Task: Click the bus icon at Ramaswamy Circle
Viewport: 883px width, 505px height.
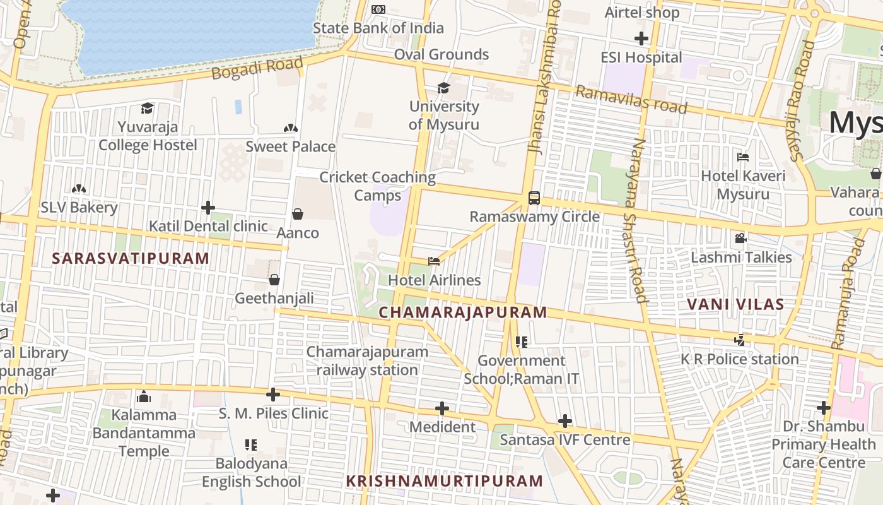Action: tap(534, 198)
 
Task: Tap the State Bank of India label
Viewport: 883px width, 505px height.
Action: tap(378, 28)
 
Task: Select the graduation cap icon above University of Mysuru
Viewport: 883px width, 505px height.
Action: tap(444, 88)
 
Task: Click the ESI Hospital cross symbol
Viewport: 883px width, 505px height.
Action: tap(641, 39)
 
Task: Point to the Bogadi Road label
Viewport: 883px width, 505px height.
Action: tap(257, 68)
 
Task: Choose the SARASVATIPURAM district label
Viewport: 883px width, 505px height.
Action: tap(131, 258)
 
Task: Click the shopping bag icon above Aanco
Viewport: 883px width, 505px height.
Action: tap(298, 215)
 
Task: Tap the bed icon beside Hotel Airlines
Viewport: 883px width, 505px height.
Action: tap(433, 261)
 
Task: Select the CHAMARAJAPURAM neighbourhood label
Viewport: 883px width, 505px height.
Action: tap(463, 312)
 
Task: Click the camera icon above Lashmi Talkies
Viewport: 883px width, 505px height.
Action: tap(740, 239)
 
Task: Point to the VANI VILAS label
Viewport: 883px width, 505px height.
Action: tap(735, 304)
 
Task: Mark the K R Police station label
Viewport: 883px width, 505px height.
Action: tap(740, 359)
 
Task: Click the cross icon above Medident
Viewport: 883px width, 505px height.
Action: tap(442, 408)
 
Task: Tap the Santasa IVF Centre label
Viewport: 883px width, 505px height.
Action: tap(565, 440)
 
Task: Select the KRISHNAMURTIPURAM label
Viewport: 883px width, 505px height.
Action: tap(444, 481)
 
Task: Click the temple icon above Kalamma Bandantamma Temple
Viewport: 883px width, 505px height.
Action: tap(144, 396)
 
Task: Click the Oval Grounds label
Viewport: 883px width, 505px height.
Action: tap(441, 54)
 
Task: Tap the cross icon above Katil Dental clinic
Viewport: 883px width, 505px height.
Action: tap(208, 208)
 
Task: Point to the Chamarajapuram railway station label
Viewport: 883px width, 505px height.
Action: tap(367, 360)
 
